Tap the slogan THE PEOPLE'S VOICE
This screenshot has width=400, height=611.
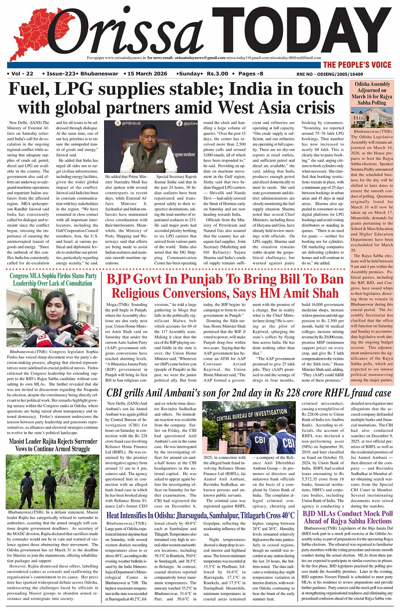357,65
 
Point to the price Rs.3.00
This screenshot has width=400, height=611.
217,74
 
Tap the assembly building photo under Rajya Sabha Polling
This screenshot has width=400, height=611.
372,117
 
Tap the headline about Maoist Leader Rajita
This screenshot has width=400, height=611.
53,445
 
